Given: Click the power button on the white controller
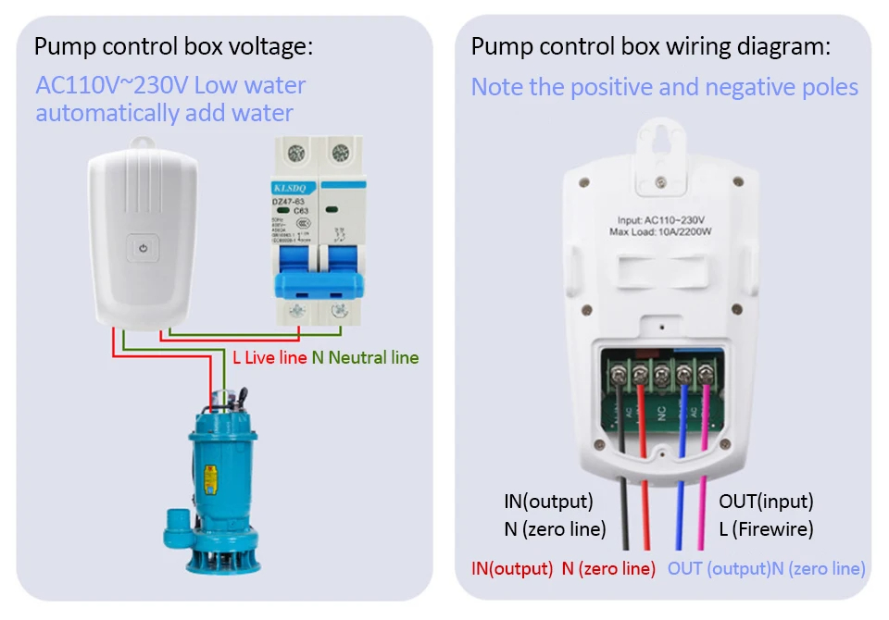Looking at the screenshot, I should click(x=142, y=248).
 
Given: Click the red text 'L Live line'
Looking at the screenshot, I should click(x=269, y=357).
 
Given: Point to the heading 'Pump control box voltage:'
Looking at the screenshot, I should click(x=174, y=47).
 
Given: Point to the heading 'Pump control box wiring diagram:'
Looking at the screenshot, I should click(x=651, y=47).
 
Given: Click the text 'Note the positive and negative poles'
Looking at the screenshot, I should click(x=664, y=87).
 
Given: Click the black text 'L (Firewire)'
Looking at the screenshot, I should click(x=766, y=530).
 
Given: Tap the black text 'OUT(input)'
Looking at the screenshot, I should click(x=766, y=502).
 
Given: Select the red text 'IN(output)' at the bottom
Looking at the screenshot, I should click(x=512, y=568).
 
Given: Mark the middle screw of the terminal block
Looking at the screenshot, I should click(x=662, y=375).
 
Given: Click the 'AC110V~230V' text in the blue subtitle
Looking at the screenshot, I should click(x=112, y=86).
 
